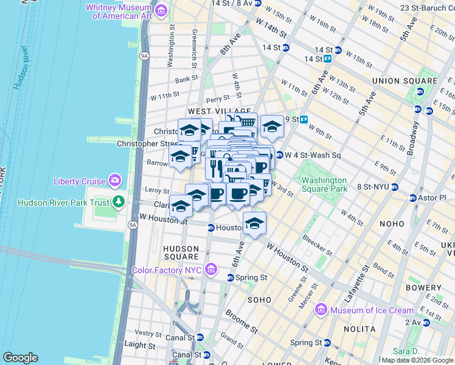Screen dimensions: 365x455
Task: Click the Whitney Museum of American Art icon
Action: tap(161, 10)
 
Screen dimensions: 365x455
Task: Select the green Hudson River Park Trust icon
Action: tap(119, 202)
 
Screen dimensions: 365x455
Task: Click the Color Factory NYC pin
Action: tap(211, 269)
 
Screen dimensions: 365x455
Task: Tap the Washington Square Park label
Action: tap(324, 184)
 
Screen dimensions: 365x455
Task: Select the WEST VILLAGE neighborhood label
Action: tap(211, 111)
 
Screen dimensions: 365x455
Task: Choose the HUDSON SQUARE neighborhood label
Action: tap(181, 252)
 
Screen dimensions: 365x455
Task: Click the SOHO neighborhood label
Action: tap(259, 300)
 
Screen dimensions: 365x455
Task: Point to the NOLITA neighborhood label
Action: tap(359, 328)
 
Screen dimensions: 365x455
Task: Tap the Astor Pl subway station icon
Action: tap(413, 198)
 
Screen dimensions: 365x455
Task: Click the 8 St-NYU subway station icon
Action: tap(395, 187)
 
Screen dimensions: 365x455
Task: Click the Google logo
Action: tap(20, 358)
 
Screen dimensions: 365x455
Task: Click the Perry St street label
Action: tap(217, 97)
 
